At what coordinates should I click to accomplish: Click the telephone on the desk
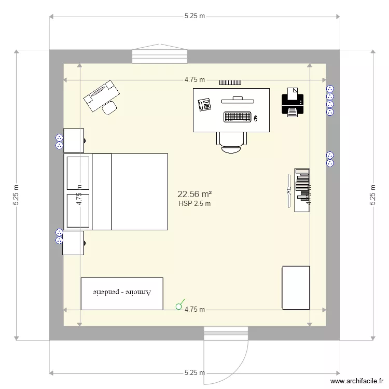(x=204, y=105)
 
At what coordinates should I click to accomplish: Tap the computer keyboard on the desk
(x=238, y=117)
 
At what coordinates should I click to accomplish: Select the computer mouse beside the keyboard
(x=255, y=119)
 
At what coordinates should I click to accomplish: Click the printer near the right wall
(x=293, y=102)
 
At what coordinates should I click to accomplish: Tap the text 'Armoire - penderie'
(x=122, y=293)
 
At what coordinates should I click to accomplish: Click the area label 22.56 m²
(x=195, y=194)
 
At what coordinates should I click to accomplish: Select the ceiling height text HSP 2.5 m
(x=195, y=204)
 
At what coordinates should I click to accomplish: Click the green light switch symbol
(x=179, y=305)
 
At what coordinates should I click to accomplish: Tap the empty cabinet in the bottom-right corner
(x=296, y=287)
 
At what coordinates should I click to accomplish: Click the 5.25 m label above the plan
(x=195, y=16)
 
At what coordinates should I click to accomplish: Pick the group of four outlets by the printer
(x=329, y=100)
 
